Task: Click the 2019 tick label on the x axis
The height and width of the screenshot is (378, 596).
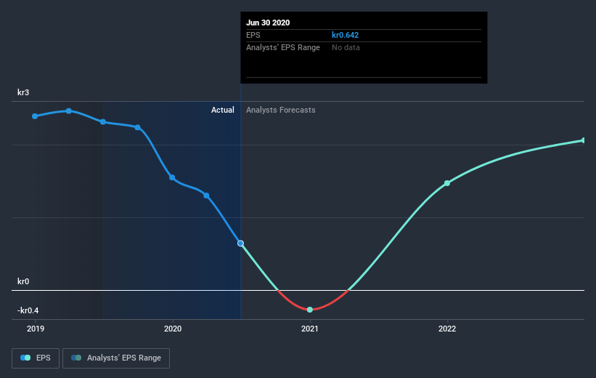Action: (x=35, y=329)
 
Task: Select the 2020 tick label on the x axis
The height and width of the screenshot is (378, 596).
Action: (x=172, y=329)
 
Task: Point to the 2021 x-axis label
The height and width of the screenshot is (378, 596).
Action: (x=310, y=329)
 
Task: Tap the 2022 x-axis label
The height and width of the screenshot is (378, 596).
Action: (x=447, y=329)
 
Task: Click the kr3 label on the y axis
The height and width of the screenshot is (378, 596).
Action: (x=24, y=92)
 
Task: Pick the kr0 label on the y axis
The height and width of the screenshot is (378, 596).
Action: (x=24, y=281)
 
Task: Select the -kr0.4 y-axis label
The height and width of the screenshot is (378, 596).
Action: (x=28, y=310)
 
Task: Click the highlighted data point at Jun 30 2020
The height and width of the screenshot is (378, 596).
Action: (x=240, y=244)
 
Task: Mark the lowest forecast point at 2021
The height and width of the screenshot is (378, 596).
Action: (x=310, y=310)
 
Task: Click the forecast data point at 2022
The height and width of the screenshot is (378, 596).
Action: (x=447, y=183)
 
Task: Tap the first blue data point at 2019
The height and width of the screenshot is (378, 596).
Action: (x=35, y=116)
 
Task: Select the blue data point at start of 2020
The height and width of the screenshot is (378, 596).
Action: (x=172, y=177)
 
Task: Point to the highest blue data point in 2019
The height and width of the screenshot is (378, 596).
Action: (x=69, y=111)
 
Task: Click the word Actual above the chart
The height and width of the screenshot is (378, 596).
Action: (x=222, y=110)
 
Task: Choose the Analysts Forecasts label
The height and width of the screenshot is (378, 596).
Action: (x=281, y=110)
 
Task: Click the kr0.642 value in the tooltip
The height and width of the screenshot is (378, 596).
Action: (x=346, y=35)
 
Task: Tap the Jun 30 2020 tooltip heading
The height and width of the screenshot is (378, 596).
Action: (x=269, y=23)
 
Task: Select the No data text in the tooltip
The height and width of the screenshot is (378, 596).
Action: (x=346, y=47)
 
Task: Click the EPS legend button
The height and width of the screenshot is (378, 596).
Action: (x=36, y=358)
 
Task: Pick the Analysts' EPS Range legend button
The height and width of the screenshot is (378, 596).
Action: (x=116, y=358)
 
